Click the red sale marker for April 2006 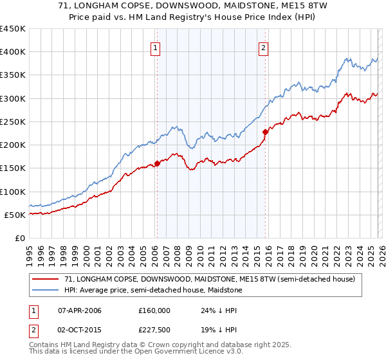[x=157, y=164]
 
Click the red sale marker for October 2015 [x=264, y=132]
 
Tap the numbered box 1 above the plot [x=156, y=47]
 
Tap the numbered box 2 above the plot [x=264, y=47]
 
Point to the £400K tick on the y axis [x=13, y=52]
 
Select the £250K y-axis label [x=13, y=122]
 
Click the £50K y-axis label [x=15, y=215]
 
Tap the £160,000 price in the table [x=154, y=310]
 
